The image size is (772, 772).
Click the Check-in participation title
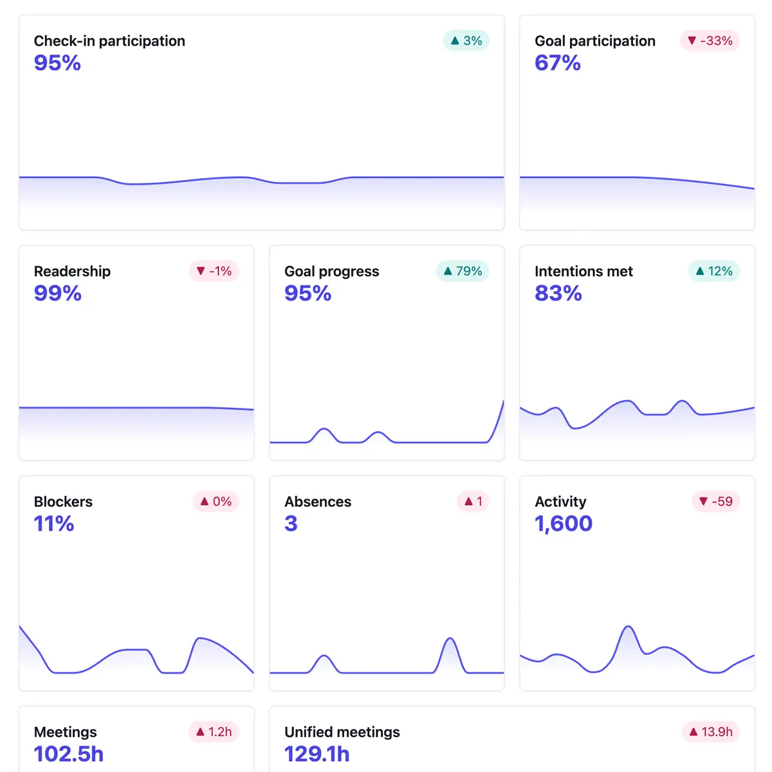109,41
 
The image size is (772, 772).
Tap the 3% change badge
466,41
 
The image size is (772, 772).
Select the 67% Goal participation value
558,63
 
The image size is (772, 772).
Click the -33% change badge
710,41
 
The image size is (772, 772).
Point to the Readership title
72,271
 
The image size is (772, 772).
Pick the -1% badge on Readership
214,271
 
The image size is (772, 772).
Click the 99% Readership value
58,293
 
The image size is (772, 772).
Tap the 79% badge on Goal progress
463,271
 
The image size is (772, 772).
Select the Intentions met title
584,271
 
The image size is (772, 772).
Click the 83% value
558,293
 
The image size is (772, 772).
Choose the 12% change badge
714,271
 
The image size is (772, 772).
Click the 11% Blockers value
54,524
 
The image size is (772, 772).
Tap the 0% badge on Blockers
216,501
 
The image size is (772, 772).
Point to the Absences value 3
291,524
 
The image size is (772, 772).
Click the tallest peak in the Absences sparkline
450,639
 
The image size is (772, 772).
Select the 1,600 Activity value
564,524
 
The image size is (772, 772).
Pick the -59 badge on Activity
715,501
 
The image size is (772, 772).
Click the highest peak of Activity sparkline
629,627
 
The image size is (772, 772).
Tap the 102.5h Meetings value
69,754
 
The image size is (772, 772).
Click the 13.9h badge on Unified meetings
711,731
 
